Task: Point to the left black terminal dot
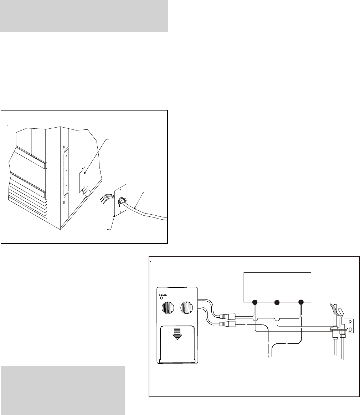[x=255, y=302]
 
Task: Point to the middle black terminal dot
[x=278, y=302]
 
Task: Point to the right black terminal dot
[x=301, y=302]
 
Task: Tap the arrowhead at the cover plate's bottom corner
[x=114, y=216]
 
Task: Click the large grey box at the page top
[x=84, y=16]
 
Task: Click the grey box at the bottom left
[x=62, y=390]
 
